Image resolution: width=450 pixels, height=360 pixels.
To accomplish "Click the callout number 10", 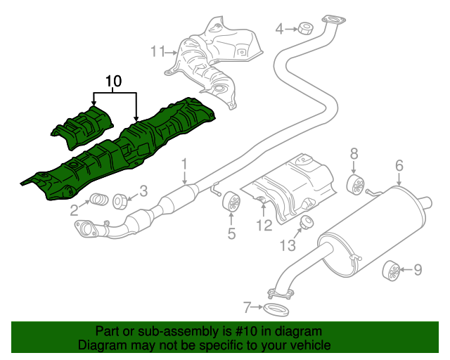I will pos(113,82).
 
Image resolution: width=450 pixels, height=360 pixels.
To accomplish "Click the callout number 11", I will pos(157,51).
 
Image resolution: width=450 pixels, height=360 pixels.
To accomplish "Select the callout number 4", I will pos(279,29).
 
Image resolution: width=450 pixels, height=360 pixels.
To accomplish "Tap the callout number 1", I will pos(184,165).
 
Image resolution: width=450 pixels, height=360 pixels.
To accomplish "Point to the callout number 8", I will pos(354,153).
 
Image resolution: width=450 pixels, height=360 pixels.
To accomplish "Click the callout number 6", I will pos(399,166).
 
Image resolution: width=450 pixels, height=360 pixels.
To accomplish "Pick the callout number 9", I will pos(417,269).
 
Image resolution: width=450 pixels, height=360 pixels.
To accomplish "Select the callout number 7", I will pos(247,307).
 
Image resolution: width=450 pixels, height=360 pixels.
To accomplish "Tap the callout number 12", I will pos(264,225).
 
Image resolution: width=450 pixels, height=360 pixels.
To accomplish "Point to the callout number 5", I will pos(231,233).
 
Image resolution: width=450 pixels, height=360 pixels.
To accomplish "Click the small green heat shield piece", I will pos(82,127).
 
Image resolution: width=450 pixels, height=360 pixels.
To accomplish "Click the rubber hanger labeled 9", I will pos(393,269).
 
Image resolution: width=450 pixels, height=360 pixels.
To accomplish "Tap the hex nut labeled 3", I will pos(120,200).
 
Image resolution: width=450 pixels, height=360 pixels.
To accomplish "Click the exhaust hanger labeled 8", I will pos(357,185).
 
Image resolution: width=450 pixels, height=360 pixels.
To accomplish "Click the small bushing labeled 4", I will pos(305,28).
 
